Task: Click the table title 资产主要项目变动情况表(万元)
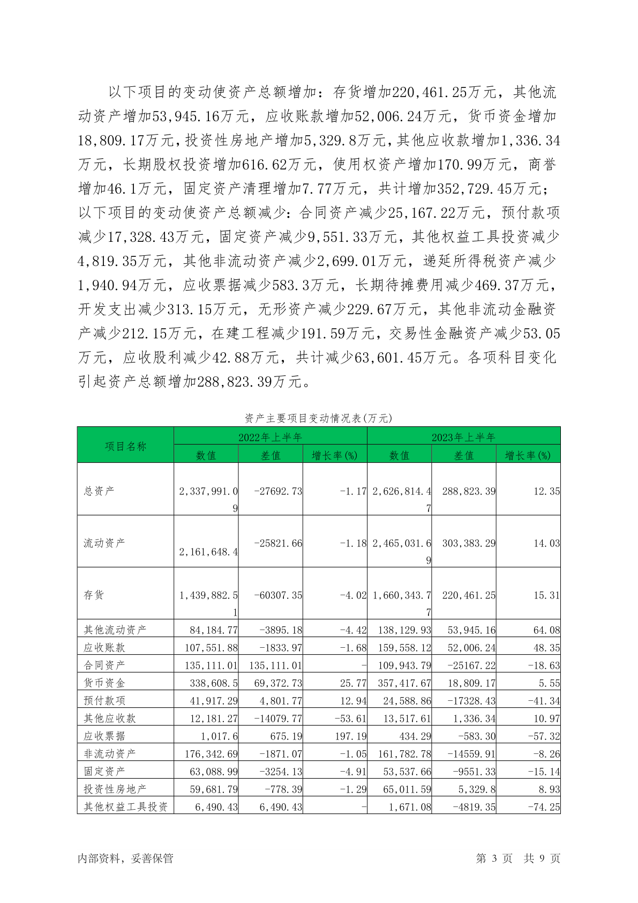pos(318,418)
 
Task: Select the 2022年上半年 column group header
pos(270,437)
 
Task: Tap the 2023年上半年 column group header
pos(463,437)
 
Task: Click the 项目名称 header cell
pos(125,446)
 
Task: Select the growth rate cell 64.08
pos(546,630)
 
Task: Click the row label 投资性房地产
pos(115,789)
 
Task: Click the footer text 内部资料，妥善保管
pos(125,858)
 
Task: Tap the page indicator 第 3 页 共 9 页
pos(517,858)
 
